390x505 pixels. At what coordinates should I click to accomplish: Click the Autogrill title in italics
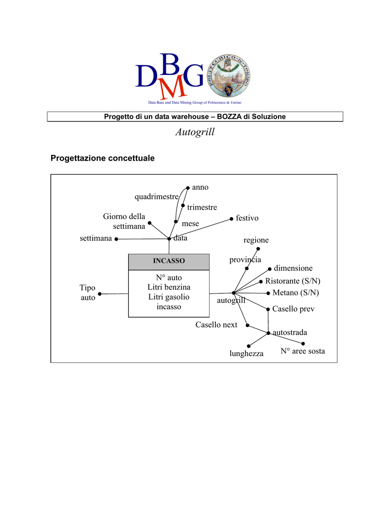pos(195,132)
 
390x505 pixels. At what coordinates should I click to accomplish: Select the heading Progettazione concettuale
pos(103,158)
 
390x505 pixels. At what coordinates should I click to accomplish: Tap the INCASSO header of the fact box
pos(169,260)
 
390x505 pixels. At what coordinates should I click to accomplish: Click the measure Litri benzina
pos(169,287)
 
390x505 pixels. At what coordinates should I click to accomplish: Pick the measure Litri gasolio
pos(169,297)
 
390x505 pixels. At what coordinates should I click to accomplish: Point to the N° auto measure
pos(169,278)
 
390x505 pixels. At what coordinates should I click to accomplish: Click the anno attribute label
pos(200,187)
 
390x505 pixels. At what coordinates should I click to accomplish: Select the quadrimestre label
pos(156,197)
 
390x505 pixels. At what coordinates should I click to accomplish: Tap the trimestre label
pos(202,208)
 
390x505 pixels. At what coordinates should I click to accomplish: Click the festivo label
pos(247,218)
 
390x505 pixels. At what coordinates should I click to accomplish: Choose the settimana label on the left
pos(96,239)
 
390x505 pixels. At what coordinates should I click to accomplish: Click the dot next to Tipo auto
pos(100,294)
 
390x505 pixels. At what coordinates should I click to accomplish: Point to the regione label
pos(256,240)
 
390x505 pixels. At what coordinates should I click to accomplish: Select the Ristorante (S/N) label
pos(292,281)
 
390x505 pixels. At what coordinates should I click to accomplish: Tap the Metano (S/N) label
pos(295,293)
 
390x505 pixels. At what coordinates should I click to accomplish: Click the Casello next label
pos(216,325)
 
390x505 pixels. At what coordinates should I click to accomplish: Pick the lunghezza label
pos(246,354)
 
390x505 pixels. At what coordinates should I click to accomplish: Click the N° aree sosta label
pos(303,351)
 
